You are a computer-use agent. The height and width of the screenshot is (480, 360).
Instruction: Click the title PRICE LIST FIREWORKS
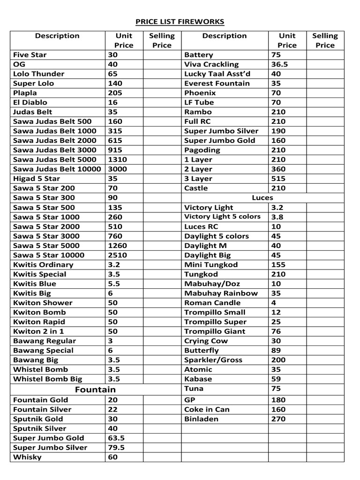(x=180, y=22)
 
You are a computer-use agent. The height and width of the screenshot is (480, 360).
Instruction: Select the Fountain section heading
(x=95, y=390)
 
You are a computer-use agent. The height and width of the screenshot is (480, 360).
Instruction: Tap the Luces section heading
(x=262, y=197)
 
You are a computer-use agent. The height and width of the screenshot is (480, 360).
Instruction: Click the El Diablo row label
(x=30, y=102)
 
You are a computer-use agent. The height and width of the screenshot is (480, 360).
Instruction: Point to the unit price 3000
(x=117, y=169)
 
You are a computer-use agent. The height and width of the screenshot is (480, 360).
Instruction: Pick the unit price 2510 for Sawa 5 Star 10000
(x=117, y=255)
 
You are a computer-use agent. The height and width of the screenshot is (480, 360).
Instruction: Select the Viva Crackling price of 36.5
(x=279, y=64)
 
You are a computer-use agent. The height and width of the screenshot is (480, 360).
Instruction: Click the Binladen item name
(x=201, y=419)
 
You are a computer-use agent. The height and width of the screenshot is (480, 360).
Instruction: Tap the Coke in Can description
(x=207, y=409)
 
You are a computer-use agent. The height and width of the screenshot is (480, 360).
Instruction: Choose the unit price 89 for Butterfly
(x=276, y=350)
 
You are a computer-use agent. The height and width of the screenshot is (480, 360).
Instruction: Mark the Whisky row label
(x=27, y=457)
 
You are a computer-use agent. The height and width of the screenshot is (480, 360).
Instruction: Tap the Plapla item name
(x=25, y=93)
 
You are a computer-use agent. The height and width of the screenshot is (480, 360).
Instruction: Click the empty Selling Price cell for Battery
(x=325, y=55)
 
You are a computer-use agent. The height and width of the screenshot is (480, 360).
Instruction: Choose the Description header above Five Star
(x=57, y=36)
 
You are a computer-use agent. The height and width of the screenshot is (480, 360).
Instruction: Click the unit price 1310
(x=117, y=159)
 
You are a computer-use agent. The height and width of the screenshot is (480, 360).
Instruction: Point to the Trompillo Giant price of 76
(x=276, y=331)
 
